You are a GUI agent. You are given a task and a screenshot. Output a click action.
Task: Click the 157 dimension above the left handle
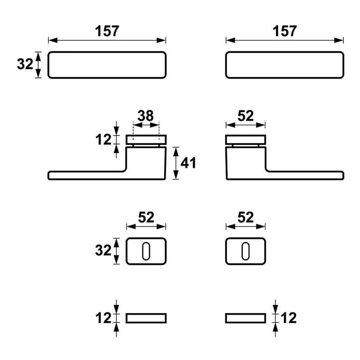(107, 31)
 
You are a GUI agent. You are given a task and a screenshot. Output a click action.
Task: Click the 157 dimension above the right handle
(284, 31)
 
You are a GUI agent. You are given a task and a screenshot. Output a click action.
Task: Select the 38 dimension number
(145, 116)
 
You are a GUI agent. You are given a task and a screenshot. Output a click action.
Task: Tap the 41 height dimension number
(188, 163)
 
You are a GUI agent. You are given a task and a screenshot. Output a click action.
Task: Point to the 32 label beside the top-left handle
(25, 64)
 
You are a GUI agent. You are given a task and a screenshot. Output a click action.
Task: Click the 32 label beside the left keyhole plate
(103, 250)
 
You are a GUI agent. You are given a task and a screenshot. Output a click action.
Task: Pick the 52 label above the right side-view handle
(245, 116)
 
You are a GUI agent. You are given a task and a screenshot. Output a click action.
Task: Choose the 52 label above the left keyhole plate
(146, 217)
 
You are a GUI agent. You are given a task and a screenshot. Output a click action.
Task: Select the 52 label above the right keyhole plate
(245, 217)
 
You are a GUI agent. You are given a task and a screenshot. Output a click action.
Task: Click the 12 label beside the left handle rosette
(103, 139)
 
